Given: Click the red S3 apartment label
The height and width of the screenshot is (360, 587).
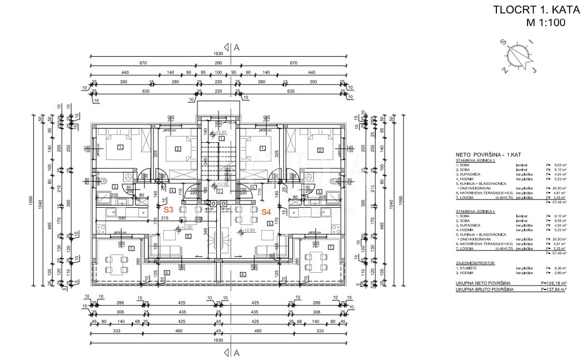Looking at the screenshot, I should point(168,211).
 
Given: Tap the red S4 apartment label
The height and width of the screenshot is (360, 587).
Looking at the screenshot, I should point(266,212).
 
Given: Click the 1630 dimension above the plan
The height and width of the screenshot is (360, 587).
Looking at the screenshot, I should point(218,53).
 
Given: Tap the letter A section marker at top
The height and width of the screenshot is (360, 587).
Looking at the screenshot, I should point(236,48).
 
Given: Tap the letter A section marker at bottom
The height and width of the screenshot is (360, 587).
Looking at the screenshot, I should point(236,352).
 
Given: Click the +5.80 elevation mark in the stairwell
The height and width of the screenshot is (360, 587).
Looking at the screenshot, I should point(221,133).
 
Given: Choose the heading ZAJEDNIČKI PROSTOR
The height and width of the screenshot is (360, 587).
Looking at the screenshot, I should point(474,263).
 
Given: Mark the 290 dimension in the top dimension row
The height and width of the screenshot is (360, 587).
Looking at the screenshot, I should point(218,63).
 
